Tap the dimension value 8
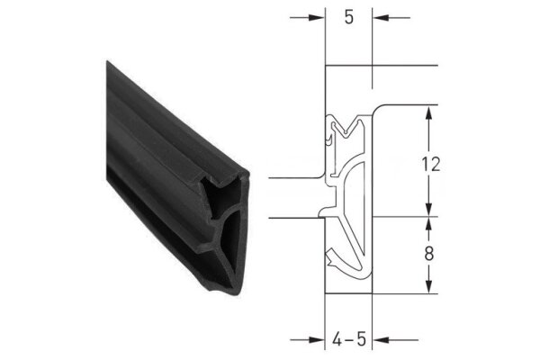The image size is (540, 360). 430,254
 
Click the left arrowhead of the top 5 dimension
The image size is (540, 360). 316,17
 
